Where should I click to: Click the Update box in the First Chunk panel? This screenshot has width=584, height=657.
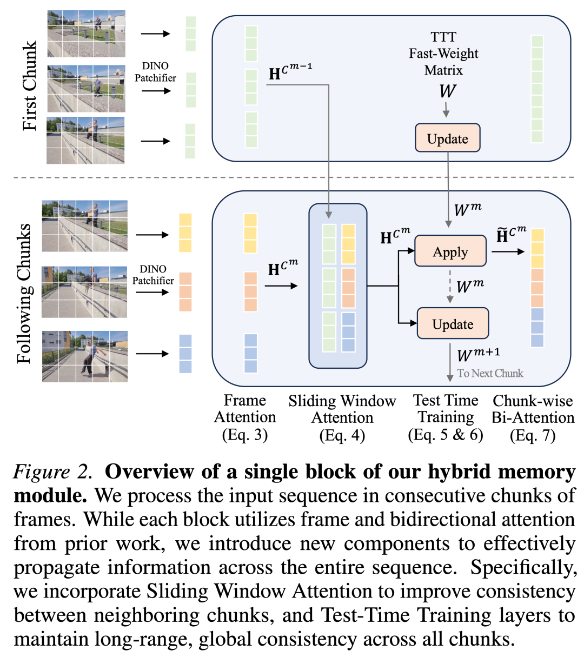coord(447,138)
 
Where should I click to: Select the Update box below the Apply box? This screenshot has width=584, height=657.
coord(453,324)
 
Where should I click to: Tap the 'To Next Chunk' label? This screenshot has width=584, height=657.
coord(490,373)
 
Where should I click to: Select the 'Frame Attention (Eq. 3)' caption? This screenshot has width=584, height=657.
coord(245,417)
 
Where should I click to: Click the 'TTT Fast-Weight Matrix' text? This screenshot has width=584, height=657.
coord(443,54)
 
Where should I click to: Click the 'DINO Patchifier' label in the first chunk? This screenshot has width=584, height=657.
coord(155,72)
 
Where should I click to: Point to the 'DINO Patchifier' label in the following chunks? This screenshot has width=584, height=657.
coord(153,275)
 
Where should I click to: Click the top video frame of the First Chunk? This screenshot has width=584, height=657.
coord(86,34)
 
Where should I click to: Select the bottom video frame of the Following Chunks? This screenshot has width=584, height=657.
coord(85,356)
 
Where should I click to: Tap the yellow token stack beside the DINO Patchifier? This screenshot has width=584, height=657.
coord(185,233)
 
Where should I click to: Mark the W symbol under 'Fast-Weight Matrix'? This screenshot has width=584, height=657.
coord(447,91)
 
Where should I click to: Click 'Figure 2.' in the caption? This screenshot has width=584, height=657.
coord(52,472)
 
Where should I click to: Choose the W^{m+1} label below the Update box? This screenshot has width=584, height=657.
coord(479,355)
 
